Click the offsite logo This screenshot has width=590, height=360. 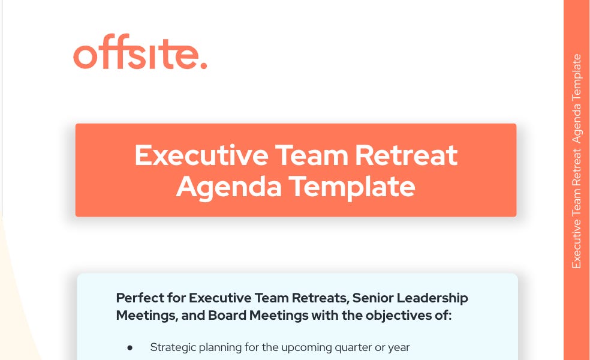140,55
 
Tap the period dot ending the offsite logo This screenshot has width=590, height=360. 203,65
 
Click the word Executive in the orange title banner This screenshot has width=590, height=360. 201,155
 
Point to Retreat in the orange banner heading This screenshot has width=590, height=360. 406,155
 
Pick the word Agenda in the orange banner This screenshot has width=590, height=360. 228,187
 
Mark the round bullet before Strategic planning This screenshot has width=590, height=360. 130,347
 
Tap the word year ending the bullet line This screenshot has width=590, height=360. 399,347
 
